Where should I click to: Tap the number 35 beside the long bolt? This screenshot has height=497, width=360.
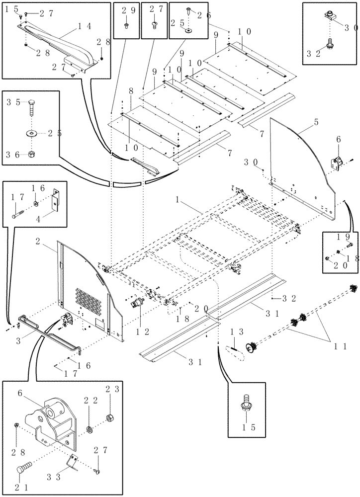tap(13, 103)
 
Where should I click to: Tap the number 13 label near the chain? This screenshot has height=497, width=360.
tap(237, 331)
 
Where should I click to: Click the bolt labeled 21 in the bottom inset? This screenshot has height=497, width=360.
tap(25, 469)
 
